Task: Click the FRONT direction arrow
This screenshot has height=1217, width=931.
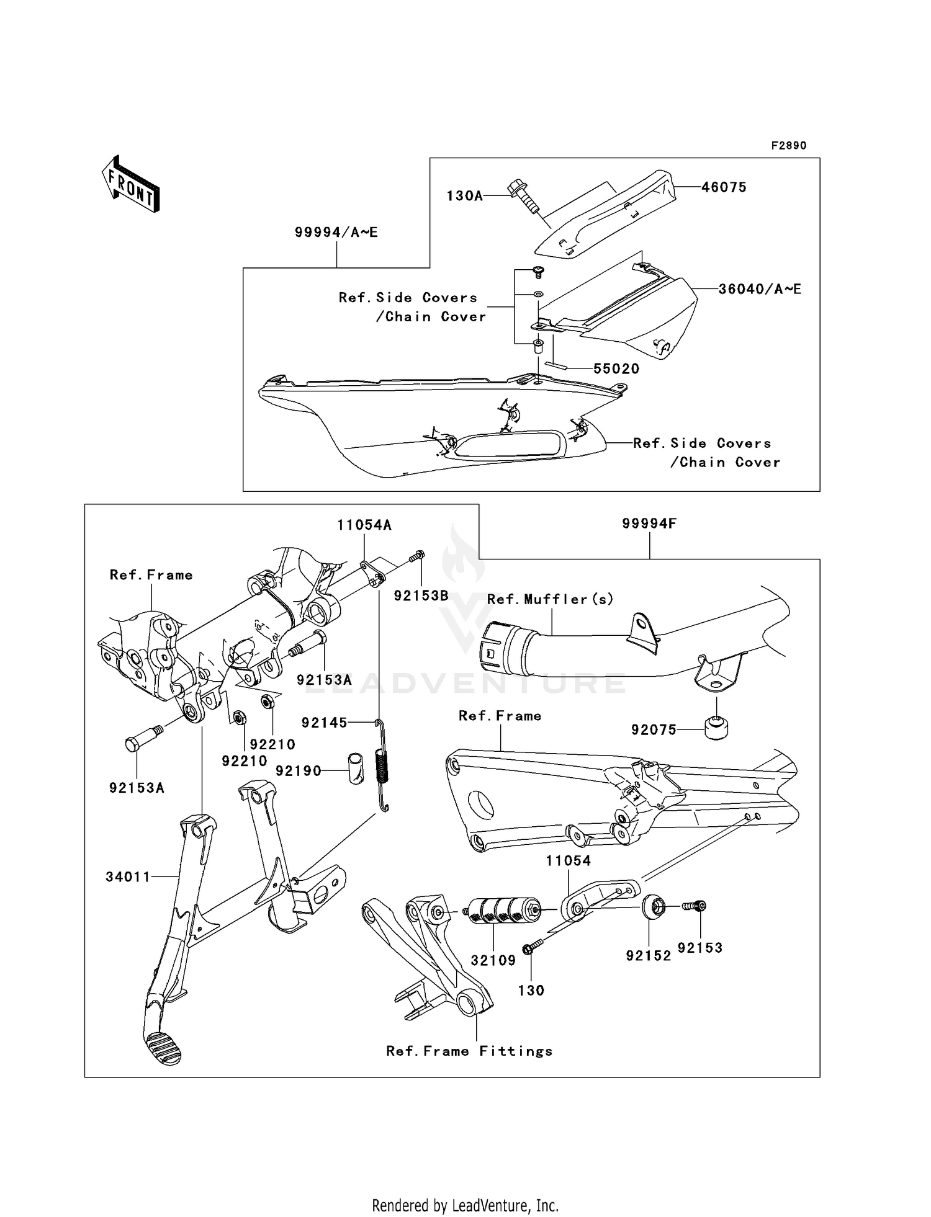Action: pyautogui.click(x=131, y=184)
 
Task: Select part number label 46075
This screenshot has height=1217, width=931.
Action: pyautogui.click(x=724, y=187)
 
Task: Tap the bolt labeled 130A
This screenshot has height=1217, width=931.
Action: pyautogui.click(x=524, y=196)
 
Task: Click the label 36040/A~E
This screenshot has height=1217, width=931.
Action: pyautogui.click(x=760, y=289)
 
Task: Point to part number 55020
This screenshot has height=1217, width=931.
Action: pyautogui.click(x=616, y=369)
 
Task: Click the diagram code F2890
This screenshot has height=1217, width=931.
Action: pyautogui.click(x=788, y=146)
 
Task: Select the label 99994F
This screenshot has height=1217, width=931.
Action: pyautogui.click(x=649, y=524)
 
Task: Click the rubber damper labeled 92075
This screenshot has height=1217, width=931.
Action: pyautogui.click(x=716, y=726)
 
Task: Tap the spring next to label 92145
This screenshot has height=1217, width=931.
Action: pyautogui.click(x=383, y=766)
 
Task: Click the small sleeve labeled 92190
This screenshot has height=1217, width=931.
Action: pyautogui.click(x=356, y=768)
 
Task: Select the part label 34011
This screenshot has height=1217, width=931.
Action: pyautogui.click(x=128, y=876)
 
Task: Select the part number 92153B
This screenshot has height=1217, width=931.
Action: pyautogui.click(x=421, y=596)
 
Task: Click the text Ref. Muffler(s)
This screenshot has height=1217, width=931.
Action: pyautogui.click(x=550, y=599)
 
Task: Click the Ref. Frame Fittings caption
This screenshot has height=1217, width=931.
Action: pyautogui.click(x=469, y=1051)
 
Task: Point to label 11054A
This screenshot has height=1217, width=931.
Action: pyautogui.click(x=364, y=525)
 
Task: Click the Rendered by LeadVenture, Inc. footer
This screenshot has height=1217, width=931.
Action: pyautogui.click(x=465, y=1205)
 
